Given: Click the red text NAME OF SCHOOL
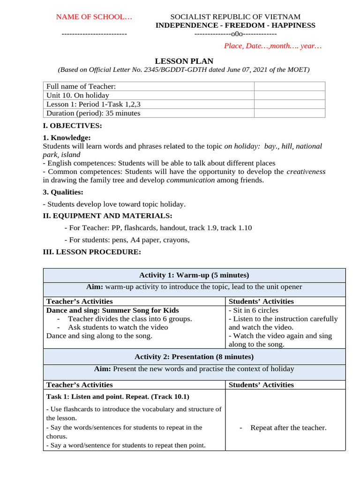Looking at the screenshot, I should tap(94, 17).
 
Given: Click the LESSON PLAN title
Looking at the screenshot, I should tap(184, 61).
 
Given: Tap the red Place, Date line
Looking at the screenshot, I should tap(272, 46).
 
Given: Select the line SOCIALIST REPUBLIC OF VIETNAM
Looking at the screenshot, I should tap(235, 17).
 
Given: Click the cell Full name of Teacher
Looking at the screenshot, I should tap(81, 86).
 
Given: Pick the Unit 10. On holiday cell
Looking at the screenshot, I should tap(78, 95).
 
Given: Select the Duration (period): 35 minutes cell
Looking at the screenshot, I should tap(93, 113).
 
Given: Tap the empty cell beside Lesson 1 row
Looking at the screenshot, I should tap(289, 104).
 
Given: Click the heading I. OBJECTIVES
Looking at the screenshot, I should tap(72, 126).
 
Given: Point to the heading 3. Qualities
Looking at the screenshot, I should tap(63, 192).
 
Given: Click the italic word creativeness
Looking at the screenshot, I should tap(306, 172).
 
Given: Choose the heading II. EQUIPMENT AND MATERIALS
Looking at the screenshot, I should tap(107, 216).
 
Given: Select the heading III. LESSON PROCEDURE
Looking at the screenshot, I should tap(91, 252).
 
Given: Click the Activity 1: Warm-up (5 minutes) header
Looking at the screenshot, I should tap(194, 275).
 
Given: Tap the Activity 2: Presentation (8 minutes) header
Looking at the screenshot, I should tap(194, 357).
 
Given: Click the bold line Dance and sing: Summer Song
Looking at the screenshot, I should tap(112, 310).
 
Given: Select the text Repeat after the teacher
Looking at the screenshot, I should tap(288, 427).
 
